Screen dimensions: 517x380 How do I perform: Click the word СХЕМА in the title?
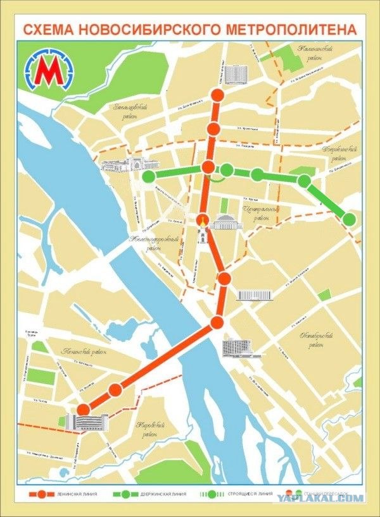(51, 29)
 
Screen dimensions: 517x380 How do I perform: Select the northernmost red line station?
(217, 96)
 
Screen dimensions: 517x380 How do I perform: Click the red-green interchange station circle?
(209, 167)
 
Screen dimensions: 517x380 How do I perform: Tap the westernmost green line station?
(149, 176)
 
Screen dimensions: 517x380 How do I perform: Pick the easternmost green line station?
(350, 219)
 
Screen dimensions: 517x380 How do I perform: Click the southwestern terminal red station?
(83, 410)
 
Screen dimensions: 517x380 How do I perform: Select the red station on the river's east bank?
(217, 322)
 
